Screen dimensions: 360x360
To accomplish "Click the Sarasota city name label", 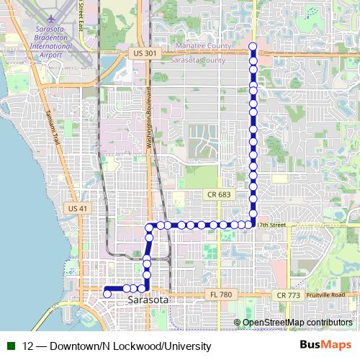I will [148, 300].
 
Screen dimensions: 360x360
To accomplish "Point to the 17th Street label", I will [271, 225].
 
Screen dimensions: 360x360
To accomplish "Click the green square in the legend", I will [12, 345].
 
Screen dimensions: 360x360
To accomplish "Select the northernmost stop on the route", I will [253, 48].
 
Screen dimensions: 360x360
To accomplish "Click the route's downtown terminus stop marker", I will [107, 293].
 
